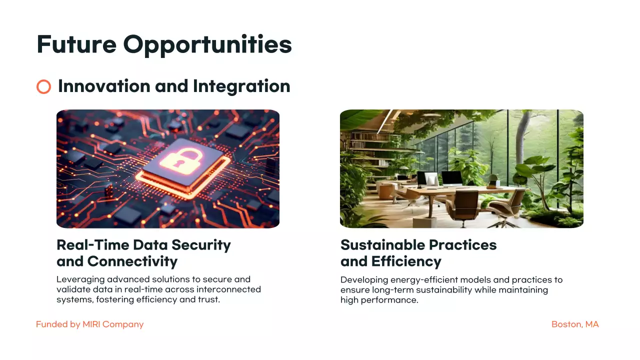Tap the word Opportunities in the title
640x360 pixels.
207,45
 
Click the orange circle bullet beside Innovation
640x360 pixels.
44,87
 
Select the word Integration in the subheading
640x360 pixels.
241,86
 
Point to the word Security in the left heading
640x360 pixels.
201,245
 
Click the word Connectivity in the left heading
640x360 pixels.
132,261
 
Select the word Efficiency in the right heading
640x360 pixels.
406,261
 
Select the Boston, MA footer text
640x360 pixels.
575,324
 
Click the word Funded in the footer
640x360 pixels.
52,324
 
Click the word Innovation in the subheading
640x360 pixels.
104,86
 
